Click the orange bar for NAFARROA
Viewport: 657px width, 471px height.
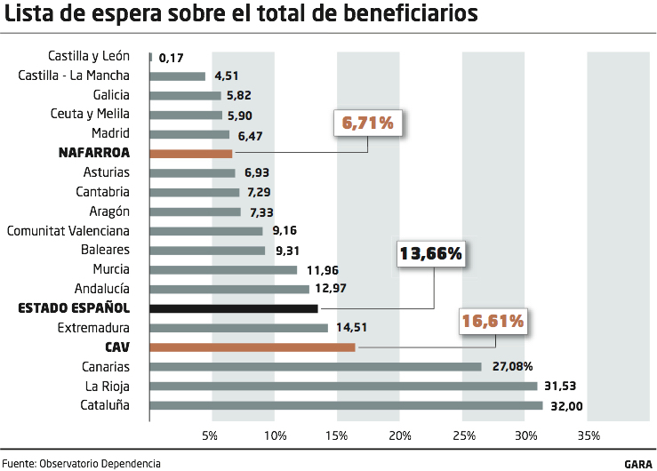(x=191, y=153)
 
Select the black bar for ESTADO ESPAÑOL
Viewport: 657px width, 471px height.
(x=234, y=308)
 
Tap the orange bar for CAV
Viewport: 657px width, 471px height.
(x=252, y=347)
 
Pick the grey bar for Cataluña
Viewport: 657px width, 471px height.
(x=347, y=405)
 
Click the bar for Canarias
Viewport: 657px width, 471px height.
(x=316, y=366)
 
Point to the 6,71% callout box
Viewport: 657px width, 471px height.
(x=368, y=124)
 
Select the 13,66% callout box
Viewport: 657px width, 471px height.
(x=431, y=253)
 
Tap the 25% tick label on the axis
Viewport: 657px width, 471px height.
(x=463, y=435)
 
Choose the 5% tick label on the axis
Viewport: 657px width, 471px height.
(x=210, y=435)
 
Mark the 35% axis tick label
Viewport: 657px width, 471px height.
(x=589, y=435)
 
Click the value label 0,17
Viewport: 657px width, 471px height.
(x=171, y=58)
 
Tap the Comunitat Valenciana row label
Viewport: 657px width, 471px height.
(x=68, y=230)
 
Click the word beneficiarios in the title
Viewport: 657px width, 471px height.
(x=401, y=15)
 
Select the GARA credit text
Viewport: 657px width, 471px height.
(x=638, y=463)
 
